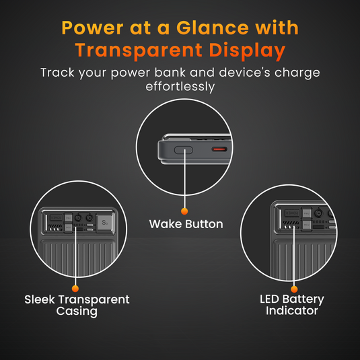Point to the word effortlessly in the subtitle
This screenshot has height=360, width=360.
pyautogui.click(x=180, y=86)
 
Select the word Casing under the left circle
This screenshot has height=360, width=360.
pyautogui.click(x=77, y=312)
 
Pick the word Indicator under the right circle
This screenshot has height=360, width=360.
pyautogui.click(x=292, y=311)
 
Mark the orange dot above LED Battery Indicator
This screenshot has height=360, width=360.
pyautogui.click(x=292, y=287)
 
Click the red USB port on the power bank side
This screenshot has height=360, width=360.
pyautogui.click(x=219, y=149)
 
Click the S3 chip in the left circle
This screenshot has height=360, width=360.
pyautogui.click(x=104, y=221)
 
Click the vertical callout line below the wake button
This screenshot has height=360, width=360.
pyautogui.click(x=184, y=182)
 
